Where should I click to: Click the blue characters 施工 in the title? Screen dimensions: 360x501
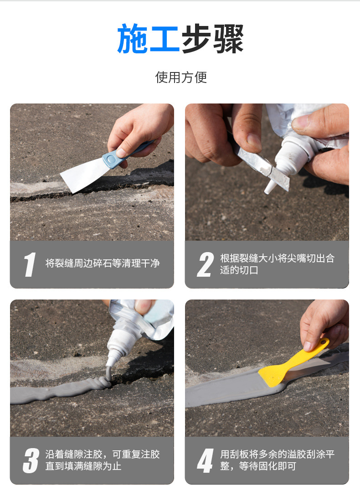(148, 39)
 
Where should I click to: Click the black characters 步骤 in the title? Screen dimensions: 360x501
(213, 39)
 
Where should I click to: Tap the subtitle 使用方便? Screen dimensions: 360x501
(181, 77)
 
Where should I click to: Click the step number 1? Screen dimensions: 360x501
(30, 264)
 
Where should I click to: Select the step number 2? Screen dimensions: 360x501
(205, 264)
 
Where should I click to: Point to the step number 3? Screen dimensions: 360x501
(31, 460)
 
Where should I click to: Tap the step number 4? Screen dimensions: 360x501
(205, 460)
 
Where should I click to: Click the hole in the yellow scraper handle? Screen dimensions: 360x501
(324, 342)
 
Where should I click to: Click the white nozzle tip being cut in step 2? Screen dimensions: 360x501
(270, 186)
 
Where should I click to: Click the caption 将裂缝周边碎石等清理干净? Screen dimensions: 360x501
(102, 263)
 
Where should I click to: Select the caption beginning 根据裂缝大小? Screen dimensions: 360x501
(277, 264)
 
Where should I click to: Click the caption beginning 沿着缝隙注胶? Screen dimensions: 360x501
(102, 460)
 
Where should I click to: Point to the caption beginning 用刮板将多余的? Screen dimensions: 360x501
(277, 460)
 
